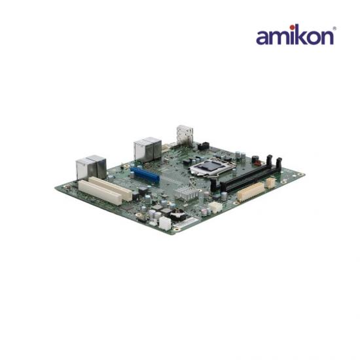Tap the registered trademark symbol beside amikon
click(334, 28)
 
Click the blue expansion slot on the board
click(145, 175)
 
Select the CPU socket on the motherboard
click(212, 167)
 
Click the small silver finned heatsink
click(186, 193)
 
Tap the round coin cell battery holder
click(177, 215)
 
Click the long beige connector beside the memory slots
click(251, 192)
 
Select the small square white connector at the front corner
click(165, 223)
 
